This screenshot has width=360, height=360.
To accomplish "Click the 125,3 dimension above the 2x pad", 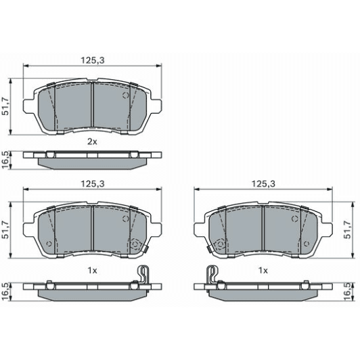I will (x=93, y=60).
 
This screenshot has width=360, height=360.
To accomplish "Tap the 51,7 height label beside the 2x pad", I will (x=6, y=106).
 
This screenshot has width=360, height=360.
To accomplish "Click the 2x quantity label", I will (x=93, y=141).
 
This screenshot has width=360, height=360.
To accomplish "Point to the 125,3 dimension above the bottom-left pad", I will (x=93, y=183).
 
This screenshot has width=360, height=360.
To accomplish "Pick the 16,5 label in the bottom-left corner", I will (x=6, y=291).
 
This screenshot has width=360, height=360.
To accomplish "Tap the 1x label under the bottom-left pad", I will (x=93, y=270).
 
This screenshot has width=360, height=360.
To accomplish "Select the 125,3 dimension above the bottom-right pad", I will (x=263, y=183).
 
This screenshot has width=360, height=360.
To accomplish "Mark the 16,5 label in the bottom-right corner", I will (x=351, y=291).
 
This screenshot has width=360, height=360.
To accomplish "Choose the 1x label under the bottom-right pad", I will (x=263, y=270).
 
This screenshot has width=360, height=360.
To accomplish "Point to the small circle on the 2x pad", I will (x=125, y=95).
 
